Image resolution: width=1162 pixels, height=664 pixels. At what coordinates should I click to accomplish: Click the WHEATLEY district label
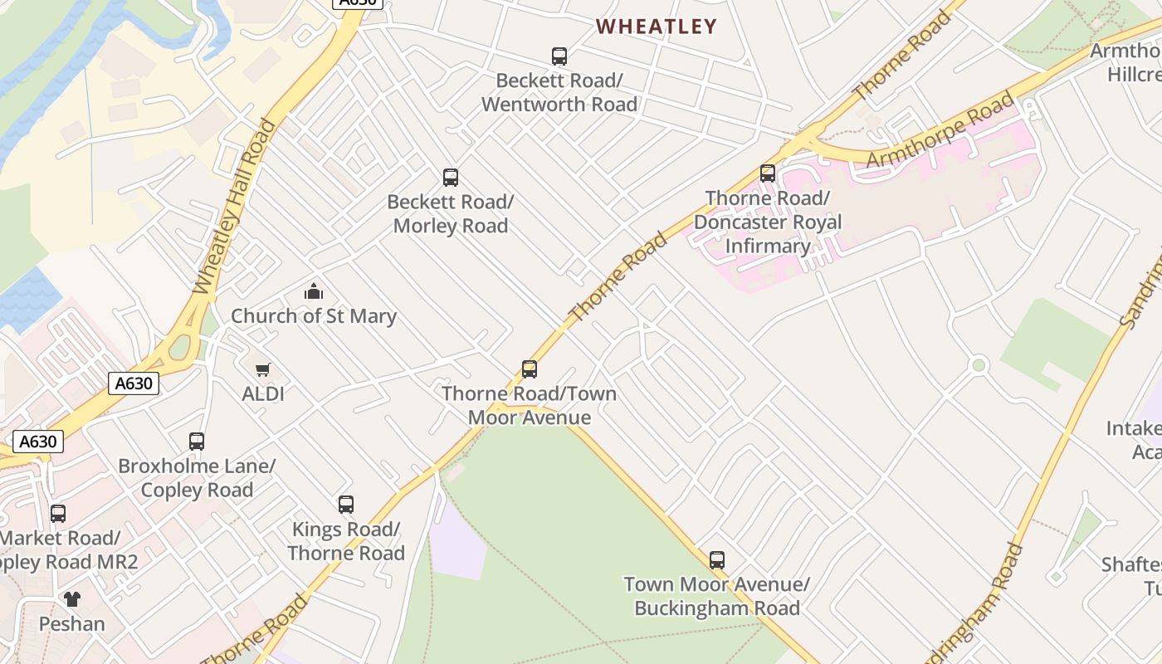point(656,27)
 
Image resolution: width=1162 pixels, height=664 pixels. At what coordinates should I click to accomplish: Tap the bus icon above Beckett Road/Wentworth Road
point(559,56)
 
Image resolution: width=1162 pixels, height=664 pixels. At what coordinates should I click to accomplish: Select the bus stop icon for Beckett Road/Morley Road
point(451,177)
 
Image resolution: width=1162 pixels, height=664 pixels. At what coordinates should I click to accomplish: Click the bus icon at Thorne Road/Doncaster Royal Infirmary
point(768,173)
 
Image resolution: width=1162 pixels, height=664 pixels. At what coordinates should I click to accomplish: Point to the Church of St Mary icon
point(314,291)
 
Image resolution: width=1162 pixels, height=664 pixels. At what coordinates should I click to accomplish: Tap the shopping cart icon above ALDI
point(263,369)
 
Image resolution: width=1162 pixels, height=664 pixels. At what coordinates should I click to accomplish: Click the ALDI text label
point(263,393)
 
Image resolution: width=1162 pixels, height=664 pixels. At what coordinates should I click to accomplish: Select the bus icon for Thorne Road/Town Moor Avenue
point(530,369)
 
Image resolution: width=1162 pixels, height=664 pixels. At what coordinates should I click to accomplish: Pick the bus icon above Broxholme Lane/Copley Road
point(197,441)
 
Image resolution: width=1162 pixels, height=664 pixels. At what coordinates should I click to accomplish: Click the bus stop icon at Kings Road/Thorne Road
point(346,504)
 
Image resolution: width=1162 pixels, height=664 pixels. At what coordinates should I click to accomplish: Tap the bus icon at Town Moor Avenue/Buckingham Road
point(717,559)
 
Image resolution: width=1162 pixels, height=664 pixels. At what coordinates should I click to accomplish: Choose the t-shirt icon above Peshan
point(72,598)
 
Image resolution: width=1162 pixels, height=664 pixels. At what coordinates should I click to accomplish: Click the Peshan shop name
point(72,623)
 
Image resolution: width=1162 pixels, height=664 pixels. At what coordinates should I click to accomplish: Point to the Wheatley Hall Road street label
point(234,207)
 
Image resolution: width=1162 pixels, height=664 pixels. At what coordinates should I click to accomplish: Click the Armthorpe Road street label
point(940,130)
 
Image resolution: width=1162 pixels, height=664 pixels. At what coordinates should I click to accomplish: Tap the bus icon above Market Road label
point(58,513)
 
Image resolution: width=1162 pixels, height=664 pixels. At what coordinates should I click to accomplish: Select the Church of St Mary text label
point(314,316)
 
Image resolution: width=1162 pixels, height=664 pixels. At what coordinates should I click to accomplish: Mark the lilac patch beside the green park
point(456,544)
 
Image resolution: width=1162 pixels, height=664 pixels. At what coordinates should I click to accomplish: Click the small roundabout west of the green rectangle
point(979,364)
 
